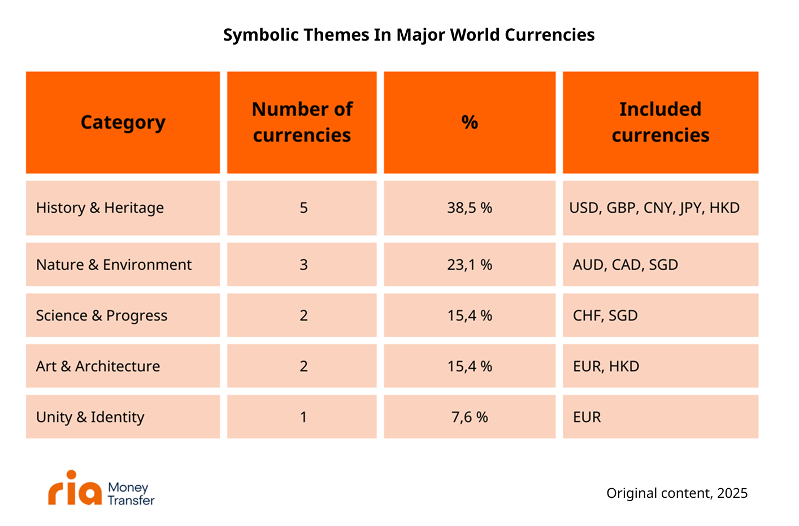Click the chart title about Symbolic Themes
[409, 35]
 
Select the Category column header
[123, 122]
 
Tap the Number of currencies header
[302, 122]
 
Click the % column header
[470, 122]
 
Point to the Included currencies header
[661, 122]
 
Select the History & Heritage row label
[100, 208]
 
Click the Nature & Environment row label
[114, 265]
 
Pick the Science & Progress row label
[102, 315]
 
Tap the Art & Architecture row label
[98, 366]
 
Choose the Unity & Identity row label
[90, 417]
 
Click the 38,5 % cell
[470, 208]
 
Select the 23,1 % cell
[470, 265]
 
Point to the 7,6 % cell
[470, 417]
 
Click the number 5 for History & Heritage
[303, 208]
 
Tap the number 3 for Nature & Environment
[303, 265]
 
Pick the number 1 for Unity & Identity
[303, 417]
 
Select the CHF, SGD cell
[605, 315]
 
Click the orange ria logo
[75, 488]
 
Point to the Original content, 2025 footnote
[677, 493]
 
